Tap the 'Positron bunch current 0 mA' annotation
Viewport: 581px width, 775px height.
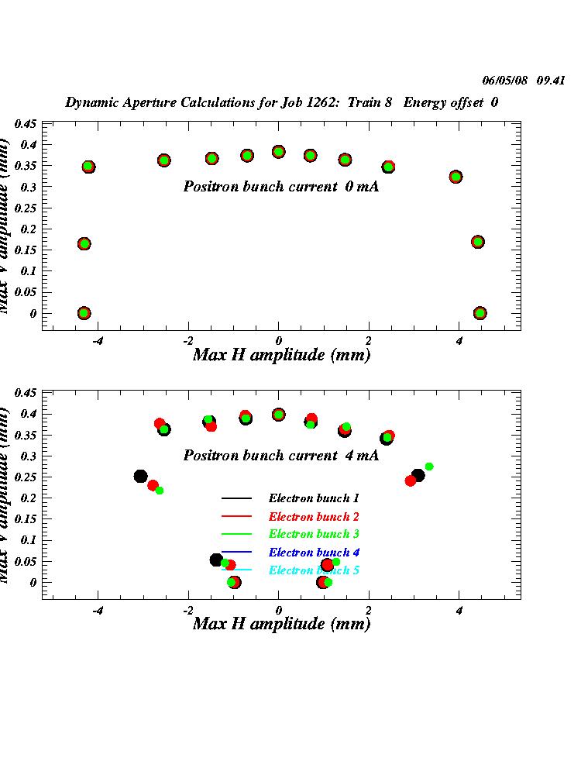point(280,187)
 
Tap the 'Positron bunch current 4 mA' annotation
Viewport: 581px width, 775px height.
point(280,456)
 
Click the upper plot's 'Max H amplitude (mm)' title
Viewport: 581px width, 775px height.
point(281,355)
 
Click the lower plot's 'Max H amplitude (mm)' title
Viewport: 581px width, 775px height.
point(281,624)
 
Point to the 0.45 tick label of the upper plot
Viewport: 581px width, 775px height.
point(26,124)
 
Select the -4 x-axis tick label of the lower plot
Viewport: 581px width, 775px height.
point(98,611)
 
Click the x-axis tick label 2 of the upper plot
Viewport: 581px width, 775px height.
point(369,342)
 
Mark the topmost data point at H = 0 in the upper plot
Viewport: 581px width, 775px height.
point(278,152)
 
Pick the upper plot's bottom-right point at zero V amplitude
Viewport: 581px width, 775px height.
point(480,313)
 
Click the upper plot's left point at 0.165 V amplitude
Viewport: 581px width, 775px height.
point(84,244)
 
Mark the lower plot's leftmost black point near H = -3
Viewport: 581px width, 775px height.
point(140,477)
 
